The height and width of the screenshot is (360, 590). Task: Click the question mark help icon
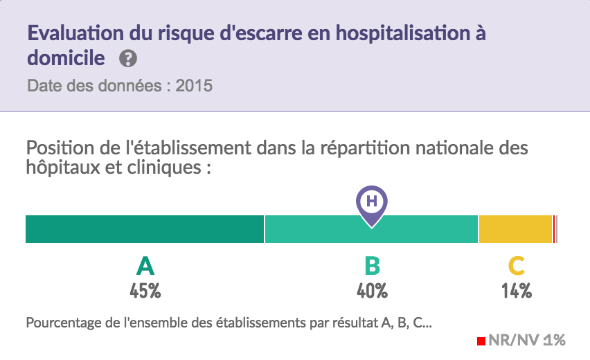coord(127,58)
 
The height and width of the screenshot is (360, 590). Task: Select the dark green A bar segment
coord(145,229)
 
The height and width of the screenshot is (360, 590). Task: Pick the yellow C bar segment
coord(515,229)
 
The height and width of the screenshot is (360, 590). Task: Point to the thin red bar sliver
coord(555,229)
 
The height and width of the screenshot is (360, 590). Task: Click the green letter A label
coord(145,266)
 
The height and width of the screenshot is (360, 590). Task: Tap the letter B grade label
coord(372,266)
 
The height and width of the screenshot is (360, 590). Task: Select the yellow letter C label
coord(516,266)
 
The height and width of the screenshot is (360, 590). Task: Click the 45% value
coord(145,291)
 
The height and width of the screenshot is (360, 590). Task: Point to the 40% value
coord(372,291)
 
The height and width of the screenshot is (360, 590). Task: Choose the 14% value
coord(517,291)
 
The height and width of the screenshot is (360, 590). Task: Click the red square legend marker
coord(481,341)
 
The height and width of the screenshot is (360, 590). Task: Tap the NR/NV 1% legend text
coord(527,340)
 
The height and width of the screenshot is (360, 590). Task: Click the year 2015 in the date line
coord(194,87)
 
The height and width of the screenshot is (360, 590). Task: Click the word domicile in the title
coord(66,58)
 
